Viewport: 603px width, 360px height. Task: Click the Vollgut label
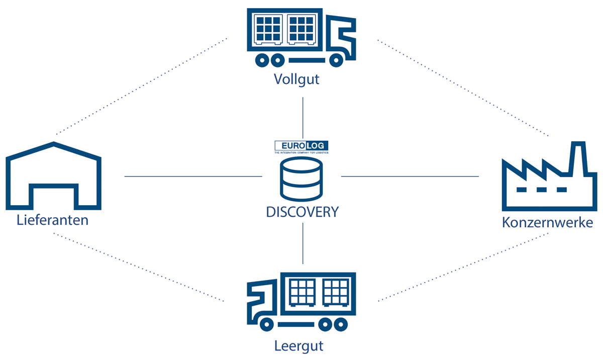point(296,79)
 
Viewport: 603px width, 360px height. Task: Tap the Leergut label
point(298,346)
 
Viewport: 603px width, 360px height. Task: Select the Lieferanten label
point(52,220)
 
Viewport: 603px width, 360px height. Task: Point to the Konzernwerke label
point(547,222)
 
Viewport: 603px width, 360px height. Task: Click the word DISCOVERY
point(302,212)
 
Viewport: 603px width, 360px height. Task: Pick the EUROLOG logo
point(302,146)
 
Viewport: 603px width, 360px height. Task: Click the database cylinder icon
point(302,178)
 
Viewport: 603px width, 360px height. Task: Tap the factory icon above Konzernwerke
point(549,181)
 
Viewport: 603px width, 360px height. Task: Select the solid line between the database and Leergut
point(303,243)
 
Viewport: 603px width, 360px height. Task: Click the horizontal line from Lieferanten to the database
point(193,176)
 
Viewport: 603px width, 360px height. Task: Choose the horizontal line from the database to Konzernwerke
point(410,176)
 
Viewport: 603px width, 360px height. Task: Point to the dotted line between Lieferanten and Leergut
point(138,267)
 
